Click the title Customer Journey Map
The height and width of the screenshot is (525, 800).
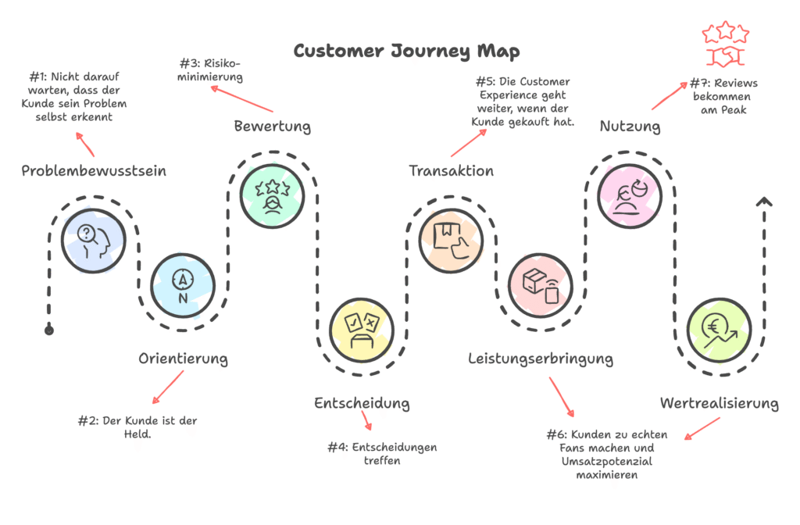pyautogui.click(x=406, y=51)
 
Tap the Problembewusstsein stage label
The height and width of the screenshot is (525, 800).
pyautogui.click(x=94, y=171)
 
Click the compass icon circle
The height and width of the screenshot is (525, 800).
pyautogui.click(x=182, y=283)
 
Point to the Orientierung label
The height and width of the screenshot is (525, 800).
pyautogui.click(x=183, y=359)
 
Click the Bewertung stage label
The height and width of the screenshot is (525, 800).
pyautogui.click(x=272, y=126)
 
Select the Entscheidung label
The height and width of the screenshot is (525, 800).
pyautogui.click(x=362, y=403)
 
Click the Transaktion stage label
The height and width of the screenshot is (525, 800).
pyautogui.click(x=452, y=170)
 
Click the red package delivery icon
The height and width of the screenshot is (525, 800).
pyautogui.click(x=540, y=283)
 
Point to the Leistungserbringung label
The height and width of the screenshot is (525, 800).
pyautogui.click(x=541, y=359)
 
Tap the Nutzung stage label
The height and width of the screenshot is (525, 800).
pyautogui.click(x=630, y=126)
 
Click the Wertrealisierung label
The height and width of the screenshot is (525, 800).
pyautogui.click(x=719, y=403)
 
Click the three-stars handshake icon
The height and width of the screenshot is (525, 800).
pyautogui.click(x=726, y=44)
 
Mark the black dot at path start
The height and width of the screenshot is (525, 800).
pyautogui.click(x=49, y=330)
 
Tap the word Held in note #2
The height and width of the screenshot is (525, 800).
pyautogui.click(x=137, y=434)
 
